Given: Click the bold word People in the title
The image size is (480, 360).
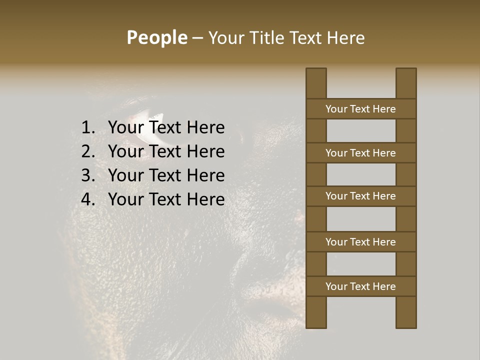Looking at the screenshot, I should coord(156,38).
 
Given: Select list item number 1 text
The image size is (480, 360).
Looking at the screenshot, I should coord(166,128).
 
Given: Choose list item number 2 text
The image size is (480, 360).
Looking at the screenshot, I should coord(166,151).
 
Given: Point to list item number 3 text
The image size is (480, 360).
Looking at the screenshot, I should coord(166,175).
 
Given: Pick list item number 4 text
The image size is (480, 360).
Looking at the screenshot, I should coord(166,199).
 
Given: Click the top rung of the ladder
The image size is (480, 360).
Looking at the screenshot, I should coord(360,109).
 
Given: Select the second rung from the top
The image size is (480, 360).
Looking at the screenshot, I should coord(360,153).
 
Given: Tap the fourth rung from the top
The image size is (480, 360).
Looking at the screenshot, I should coord(360,242).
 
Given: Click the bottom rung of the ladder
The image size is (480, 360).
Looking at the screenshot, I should coord(360,286).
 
